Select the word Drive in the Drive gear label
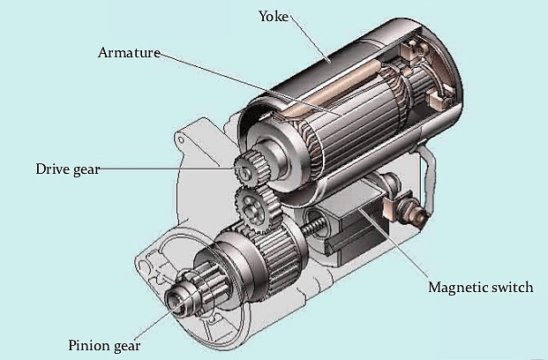click(52, 169)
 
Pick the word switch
click(512, 289)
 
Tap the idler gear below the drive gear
click(256, 209)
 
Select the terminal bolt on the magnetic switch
click(408, 209)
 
